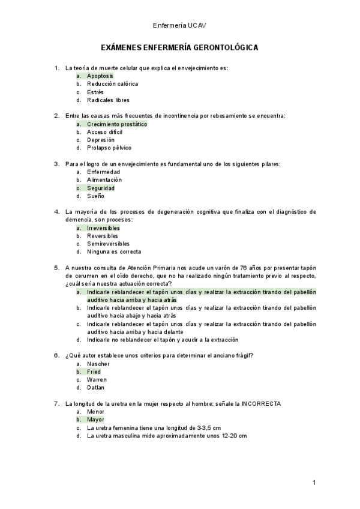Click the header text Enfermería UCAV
[180, 26]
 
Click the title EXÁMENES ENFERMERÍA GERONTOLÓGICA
[180, 47]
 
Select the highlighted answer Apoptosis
[100, 76]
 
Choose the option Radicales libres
[108, 100]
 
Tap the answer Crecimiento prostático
[116, 124]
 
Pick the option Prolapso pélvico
[109, 148]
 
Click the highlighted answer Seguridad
[101, 188]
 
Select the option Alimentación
[104, 179]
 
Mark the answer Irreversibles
[103, 228]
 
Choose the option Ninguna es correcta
[114, 252]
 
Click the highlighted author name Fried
[94, 372]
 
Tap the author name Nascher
[98, 364]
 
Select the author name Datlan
[97, 388]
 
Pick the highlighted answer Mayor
[95, 420]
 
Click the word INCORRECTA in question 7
[261, 403]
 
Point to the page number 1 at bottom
[314, 483]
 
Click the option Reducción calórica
[112, 84]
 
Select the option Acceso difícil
[105, 132]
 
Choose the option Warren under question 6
[97, 380]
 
